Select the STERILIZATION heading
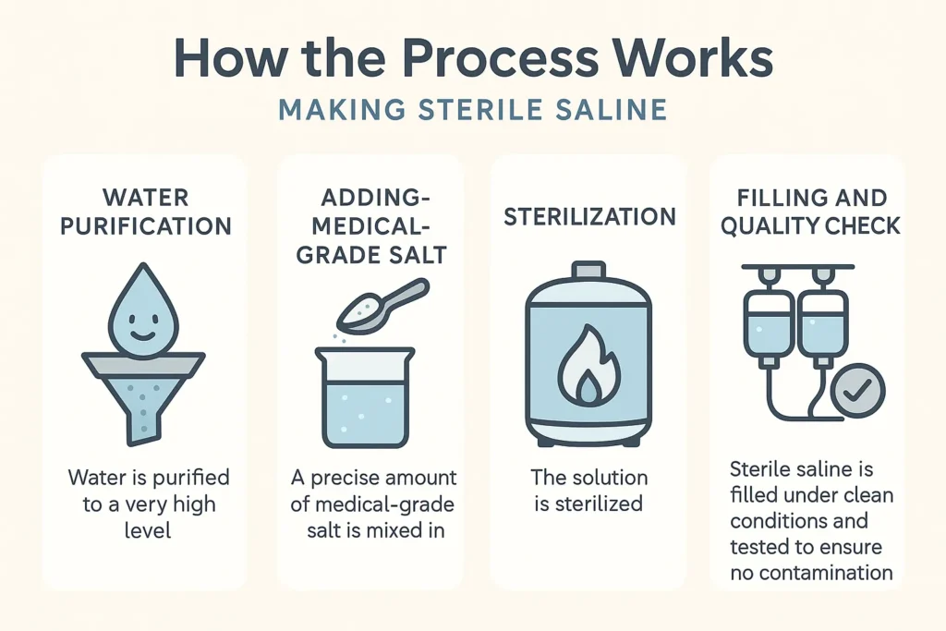[x=589, y=217]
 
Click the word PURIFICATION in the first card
[x=146, y=226]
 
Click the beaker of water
[x=366, y=397]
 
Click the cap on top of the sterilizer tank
[x=588, y=270]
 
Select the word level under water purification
[x=147, y=530]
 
